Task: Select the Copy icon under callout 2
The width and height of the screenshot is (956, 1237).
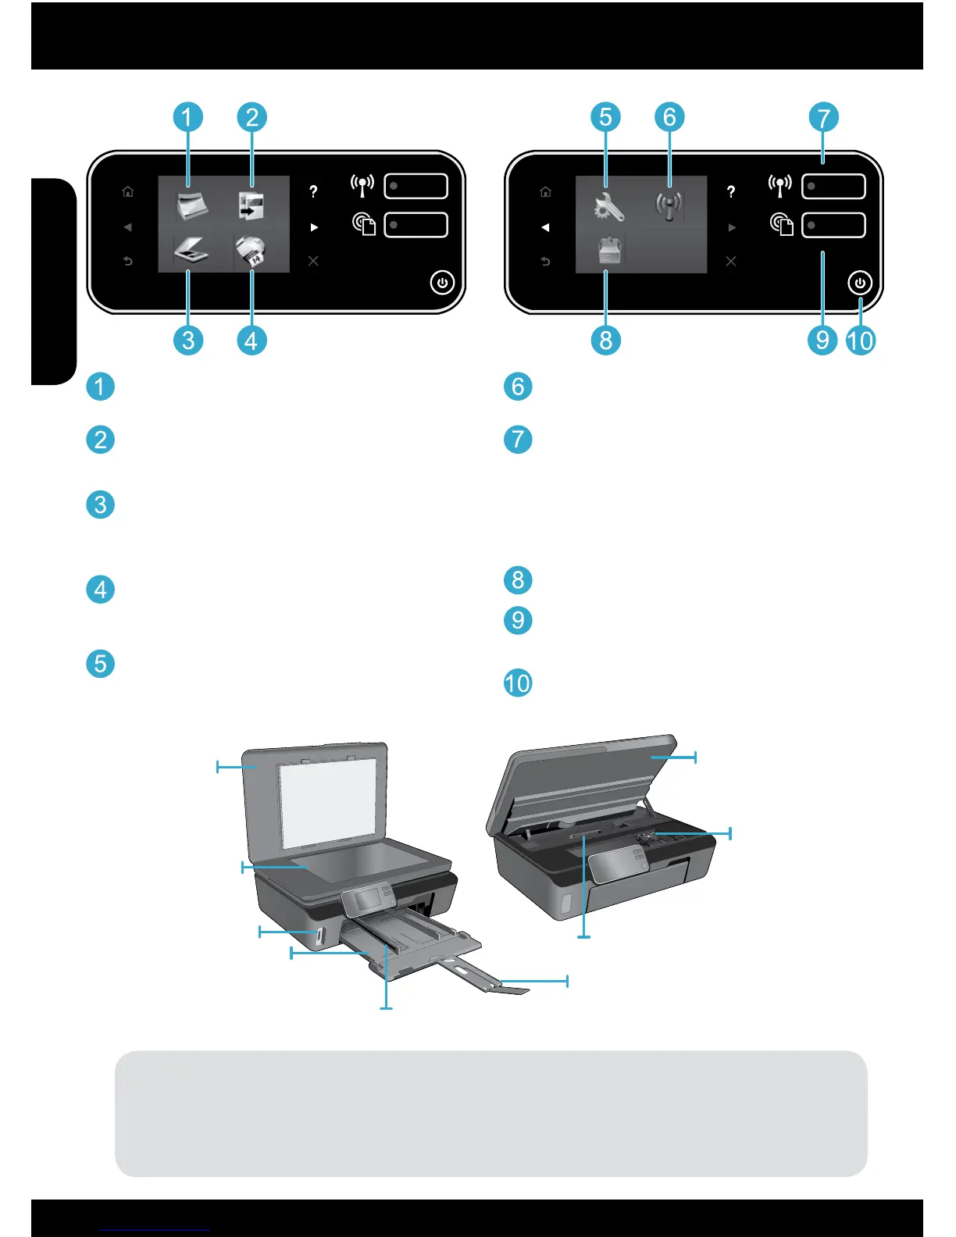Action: [x=251, y=206]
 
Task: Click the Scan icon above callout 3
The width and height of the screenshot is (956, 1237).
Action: [x=191, y=252]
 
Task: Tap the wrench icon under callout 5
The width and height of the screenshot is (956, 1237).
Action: [x=608, y=207]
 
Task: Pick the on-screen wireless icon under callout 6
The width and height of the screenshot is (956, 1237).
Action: [x=669, y=206]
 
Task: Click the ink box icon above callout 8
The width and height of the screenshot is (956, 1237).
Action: [x=608, y=251]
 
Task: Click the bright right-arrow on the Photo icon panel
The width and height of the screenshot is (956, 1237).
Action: [x=314, y=227]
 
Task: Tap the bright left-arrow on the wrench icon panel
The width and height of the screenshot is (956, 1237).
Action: [x=545, y=227]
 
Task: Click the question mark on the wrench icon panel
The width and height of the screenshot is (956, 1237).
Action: [x=731, y=191]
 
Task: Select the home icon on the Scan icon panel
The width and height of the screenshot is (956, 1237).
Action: [x=128, y=191]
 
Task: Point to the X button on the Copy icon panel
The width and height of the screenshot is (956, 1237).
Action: [x=313, y=261]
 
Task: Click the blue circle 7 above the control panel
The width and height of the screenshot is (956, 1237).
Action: [x=823, y=118]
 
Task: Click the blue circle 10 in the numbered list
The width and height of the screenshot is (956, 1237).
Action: [x=518, y=683]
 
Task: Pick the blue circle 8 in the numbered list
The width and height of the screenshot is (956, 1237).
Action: [x=518, y=580]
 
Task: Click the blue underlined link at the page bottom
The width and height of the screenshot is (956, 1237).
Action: [x=155, y=1230]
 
